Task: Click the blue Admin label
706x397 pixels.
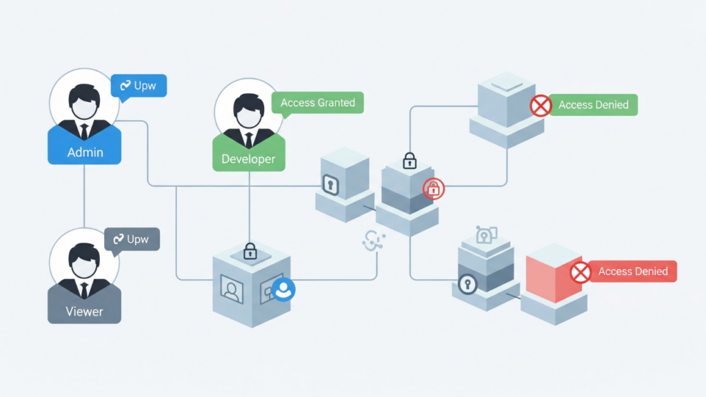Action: pos(85,152)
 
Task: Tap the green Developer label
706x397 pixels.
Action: pos(248,159)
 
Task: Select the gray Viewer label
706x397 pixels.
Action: pos(84,312)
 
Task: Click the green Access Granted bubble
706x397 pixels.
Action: pos(318,103)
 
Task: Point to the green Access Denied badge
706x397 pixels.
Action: pos(593,105)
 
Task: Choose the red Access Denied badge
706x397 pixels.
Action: pos(632,272)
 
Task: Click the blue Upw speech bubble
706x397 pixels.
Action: pos(139,85)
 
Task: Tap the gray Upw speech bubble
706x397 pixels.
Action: pos(132,240)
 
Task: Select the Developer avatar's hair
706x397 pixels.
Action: pos(248,102)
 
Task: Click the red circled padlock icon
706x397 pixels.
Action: pos(434,187)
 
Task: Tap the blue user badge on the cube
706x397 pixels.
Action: pos(283,290)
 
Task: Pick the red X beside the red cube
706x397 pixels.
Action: pos(581,272)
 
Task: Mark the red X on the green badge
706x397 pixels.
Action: pos(541,105)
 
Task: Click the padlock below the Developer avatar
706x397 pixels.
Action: pos(250,251)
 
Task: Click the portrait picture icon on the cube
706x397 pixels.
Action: pos(232,288)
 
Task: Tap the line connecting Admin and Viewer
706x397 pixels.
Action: pos(84,196)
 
